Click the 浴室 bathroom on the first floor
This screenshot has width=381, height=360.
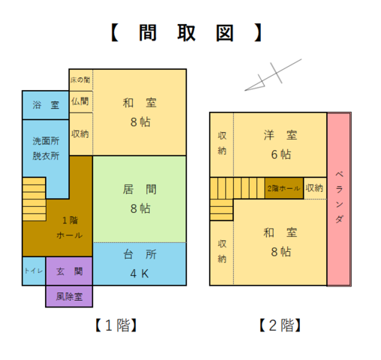pos(46,105)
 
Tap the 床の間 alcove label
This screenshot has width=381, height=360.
pos(80,80)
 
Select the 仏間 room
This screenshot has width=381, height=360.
pos(81,102)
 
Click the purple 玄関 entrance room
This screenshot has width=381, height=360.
pos(69,271)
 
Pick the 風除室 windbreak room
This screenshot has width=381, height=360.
pos(69,296)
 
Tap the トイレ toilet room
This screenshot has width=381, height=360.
pos(34,271)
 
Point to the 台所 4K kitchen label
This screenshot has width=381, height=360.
pos(139,264)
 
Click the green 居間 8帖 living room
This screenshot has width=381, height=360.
pos(139,199)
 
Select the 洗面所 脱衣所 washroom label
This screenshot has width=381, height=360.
pos(46,148)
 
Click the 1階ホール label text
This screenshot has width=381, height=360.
pos(70,228)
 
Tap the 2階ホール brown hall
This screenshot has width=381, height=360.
pos(284,188)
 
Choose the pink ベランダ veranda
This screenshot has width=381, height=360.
pos(339,199)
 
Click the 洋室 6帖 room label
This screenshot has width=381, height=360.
pos(280,145)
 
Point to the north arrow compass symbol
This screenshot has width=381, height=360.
pos(273,75)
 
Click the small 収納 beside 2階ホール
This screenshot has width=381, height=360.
pos(315,188)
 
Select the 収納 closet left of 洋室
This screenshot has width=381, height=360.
pos(222,145)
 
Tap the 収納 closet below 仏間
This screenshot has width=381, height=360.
pos(81,134)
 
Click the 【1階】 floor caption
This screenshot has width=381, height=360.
pos(116,325)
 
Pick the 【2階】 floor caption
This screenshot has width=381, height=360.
pos(280,325)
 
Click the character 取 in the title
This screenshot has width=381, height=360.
pos(186,33)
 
